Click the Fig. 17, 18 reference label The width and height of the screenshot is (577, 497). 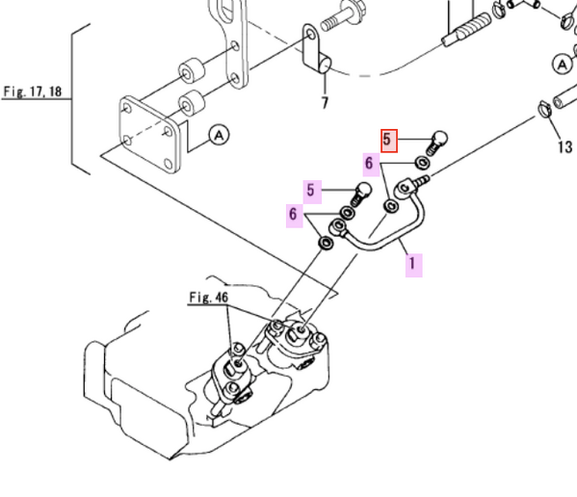click(x=32, y=92)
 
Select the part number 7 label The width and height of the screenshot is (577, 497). click(x=325, y=102)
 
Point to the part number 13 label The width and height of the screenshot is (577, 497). click(x=564, y=146)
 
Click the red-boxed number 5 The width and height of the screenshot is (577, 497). click(x=389, y=141)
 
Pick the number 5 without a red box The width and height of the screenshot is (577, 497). click(x=311, y=190)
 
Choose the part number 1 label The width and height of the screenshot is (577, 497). click(x=412, y=262)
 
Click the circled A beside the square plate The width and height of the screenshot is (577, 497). click(x=219, y=136)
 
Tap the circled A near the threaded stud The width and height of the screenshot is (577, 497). click(x=563, y=65)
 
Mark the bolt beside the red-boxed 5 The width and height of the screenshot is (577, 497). click(x=435, y=141)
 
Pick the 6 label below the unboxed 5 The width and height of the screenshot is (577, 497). click(x=293, y=214)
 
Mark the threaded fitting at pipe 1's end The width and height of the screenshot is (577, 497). click(x=421, y=178)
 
